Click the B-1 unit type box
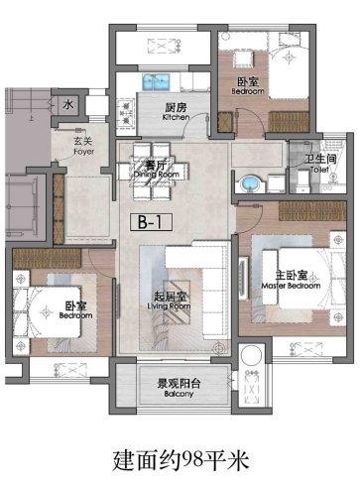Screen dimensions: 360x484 pos(151,222)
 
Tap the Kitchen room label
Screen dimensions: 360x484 pos(176,112)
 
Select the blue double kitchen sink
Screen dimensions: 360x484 pos(156,82)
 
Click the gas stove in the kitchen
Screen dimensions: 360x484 pos(126,113)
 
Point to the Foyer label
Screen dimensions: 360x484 pos(83,146)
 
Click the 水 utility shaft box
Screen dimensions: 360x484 pos(68,105)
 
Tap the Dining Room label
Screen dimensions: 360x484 pos(157,170)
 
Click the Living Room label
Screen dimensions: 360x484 pos(170,302)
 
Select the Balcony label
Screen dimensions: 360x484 pos(179,388)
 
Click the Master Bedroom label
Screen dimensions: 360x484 pos(291,280)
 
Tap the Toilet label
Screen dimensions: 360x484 pos(320,164)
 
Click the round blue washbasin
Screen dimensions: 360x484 pos(249,182)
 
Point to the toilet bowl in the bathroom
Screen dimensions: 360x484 pos(302,181)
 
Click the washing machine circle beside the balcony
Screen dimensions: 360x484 pos(251,356)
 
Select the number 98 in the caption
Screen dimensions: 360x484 pos(192,459)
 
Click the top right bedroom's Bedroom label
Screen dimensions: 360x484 pos(248,86)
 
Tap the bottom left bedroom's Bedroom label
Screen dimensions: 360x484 pos(75,310)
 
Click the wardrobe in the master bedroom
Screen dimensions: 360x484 pos(312,211)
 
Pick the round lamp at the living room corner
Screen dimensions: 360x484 pos(218,348)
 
